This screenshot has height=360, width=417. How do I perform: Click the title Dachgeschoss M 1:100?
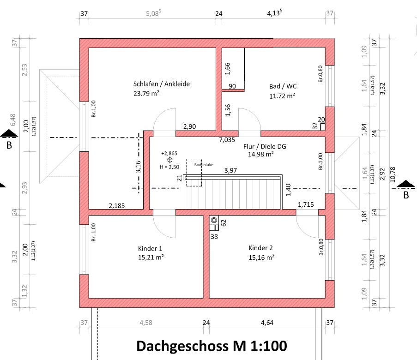coord(212,346)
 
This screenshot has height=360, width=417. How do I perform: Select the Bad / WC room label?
coord(282,86)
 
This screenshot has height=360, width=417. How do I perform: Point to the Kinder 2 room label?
coord(261,247)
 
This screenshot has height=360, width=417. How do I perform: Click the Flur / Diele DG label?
coord(265,146)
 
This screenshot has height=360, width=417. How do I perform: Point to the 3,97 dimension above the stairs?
coord(231,171)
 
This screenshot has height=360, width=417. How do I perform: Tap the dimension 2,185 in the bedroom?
coord(117,204)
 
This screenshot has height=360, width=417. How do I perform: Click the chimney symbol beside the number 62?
coord(214,221)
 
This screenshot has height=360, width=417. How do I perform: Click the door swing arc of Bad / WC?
coord(249,120)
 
